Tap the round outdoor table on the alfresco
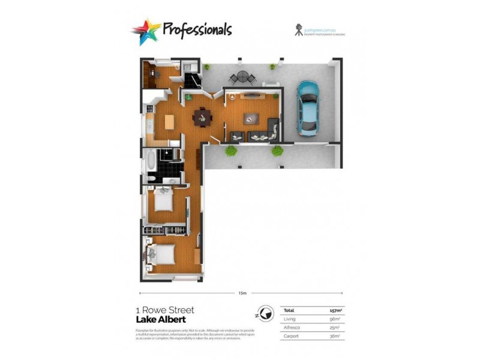point(241,77)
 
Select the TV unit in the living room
point(251,95)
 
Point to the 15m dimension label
point(242,293)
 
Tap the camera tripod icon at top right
point(298,29)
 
